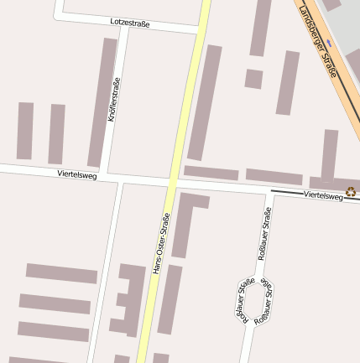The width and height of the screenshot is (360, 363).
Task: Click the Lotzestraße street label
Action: (x=130, y=23)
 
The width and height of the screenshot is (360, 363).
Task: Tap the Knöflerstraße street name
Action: (x=114, y=101)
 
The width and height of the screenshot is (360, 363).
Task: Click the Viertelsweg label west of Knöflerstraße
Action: (x=77, y=174)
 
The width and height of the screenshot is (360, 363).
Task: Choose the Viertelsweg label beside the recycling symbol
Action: (x=323, y=194)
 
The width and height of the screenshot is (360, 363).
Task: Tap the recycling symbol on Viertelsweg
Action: (x=351, y=192)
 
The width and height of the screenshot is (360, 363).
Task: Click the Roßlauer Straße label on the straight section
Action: (x=265, y=235)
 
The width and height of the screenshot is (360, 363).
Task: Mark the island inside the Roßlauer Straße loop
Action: (x=255, y=301)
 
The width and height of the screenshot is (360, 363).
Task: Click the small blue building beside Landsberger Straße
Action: (x=331, y=42)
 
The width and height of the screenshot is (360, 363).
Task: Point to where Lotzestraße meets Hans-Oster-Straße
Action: (x=200, y=30)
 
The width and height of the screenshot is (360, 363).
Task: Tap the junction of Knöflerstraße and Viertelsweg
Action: (x=117, y=176)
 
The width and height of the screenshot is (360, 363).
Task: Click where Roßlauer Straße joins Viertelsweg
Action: (x=270, y=191)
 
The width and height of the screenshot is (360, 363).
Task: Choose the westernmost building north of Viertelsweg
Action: (x=25, y=131)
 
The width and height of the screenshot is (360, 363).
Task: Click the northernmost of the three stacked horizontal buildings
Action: (x=61, y=273)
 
